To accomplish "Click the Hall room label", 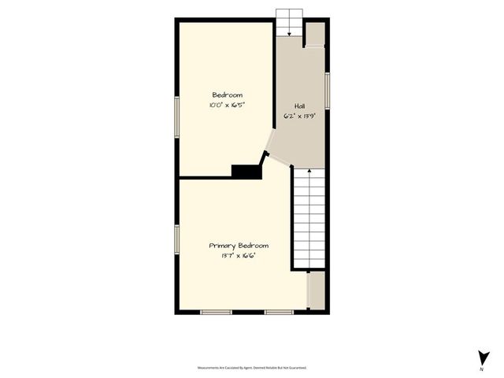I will [300, 106].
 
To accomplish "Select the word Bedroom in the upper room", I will [228, 94].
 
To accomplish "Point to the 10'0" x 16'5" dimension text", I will [228, 104].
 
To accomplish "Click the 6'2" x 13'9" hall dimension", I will [300, 116].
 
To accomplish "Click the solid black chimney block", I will [246, 171].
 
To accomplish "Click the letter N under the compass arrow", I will [481, 369].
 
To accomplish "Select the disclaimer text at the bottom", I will [252, 368].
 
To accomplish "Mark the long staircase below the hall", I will [309, 220].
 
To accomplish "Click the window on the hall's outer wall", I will [327, 91].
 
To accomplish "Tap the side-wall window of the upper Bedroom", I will [177, 109].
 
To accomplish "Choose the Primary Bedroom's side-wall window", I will [177, 239].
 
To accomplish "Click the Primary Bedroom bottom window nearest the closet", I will [278, 313].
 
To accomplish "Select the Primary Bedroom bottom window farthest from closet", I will [215, 313].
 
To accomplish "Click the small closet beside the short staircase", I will [315, 35].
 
